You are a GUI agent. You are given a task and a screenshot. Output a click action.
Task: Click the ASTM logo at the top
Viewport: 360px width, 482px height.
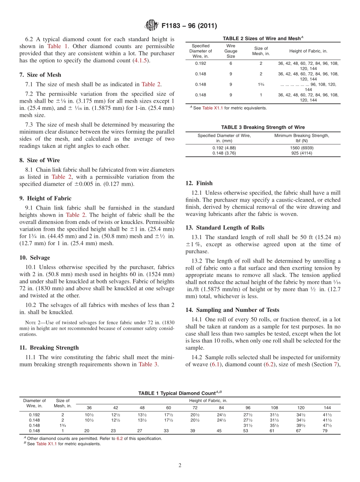tap(151, 26)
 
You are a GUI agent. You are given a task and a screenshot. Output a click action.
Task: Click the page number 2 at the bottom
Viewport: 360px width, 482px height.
tap(180, 465)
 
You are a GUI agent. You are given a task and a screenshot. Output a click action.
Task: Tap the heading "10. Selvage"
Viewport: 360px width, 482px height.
tap(34, 258)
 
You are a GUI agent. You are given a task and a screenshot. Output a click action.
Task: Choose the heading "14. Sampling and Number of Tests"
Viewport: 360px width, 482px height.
tap(232, 310)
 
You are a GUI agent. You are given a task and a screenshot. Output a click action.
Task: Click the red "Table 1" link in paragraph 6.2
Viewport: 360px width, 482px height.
tap(58, 46)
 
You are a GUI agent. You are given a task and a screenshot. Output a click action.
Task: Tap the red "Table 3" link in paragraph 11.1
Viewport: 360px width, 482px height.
tap(148, 365)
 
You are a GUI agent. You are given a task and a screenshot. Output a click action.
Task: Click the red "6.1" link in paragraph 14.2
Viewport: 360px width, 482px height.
tap(214, 365)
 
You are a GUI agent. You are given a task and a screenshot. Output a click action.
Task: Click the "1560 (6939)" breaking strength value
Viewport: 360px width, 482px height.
tap(302, 148)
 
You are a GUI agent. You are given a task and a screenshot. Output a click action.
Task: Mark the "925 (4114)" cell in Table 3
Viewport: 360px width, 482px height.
tap(302, 153)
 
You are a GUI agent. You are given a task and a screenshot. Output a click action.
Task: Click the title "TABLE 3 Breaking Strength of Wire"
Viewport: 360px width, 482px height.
tap(263, 127)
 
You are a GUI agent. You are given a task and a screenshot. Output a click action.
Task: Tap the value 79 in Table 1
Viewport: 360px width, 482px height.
tap(325, 430)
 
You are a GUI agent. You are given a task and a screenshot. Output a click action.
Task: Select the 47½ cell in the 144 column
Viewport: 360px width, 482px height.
tap(327, 425)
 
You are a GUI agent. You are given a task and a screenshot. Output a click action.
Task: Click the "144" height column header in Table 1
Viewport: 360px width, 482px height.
tap(327, 408)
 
